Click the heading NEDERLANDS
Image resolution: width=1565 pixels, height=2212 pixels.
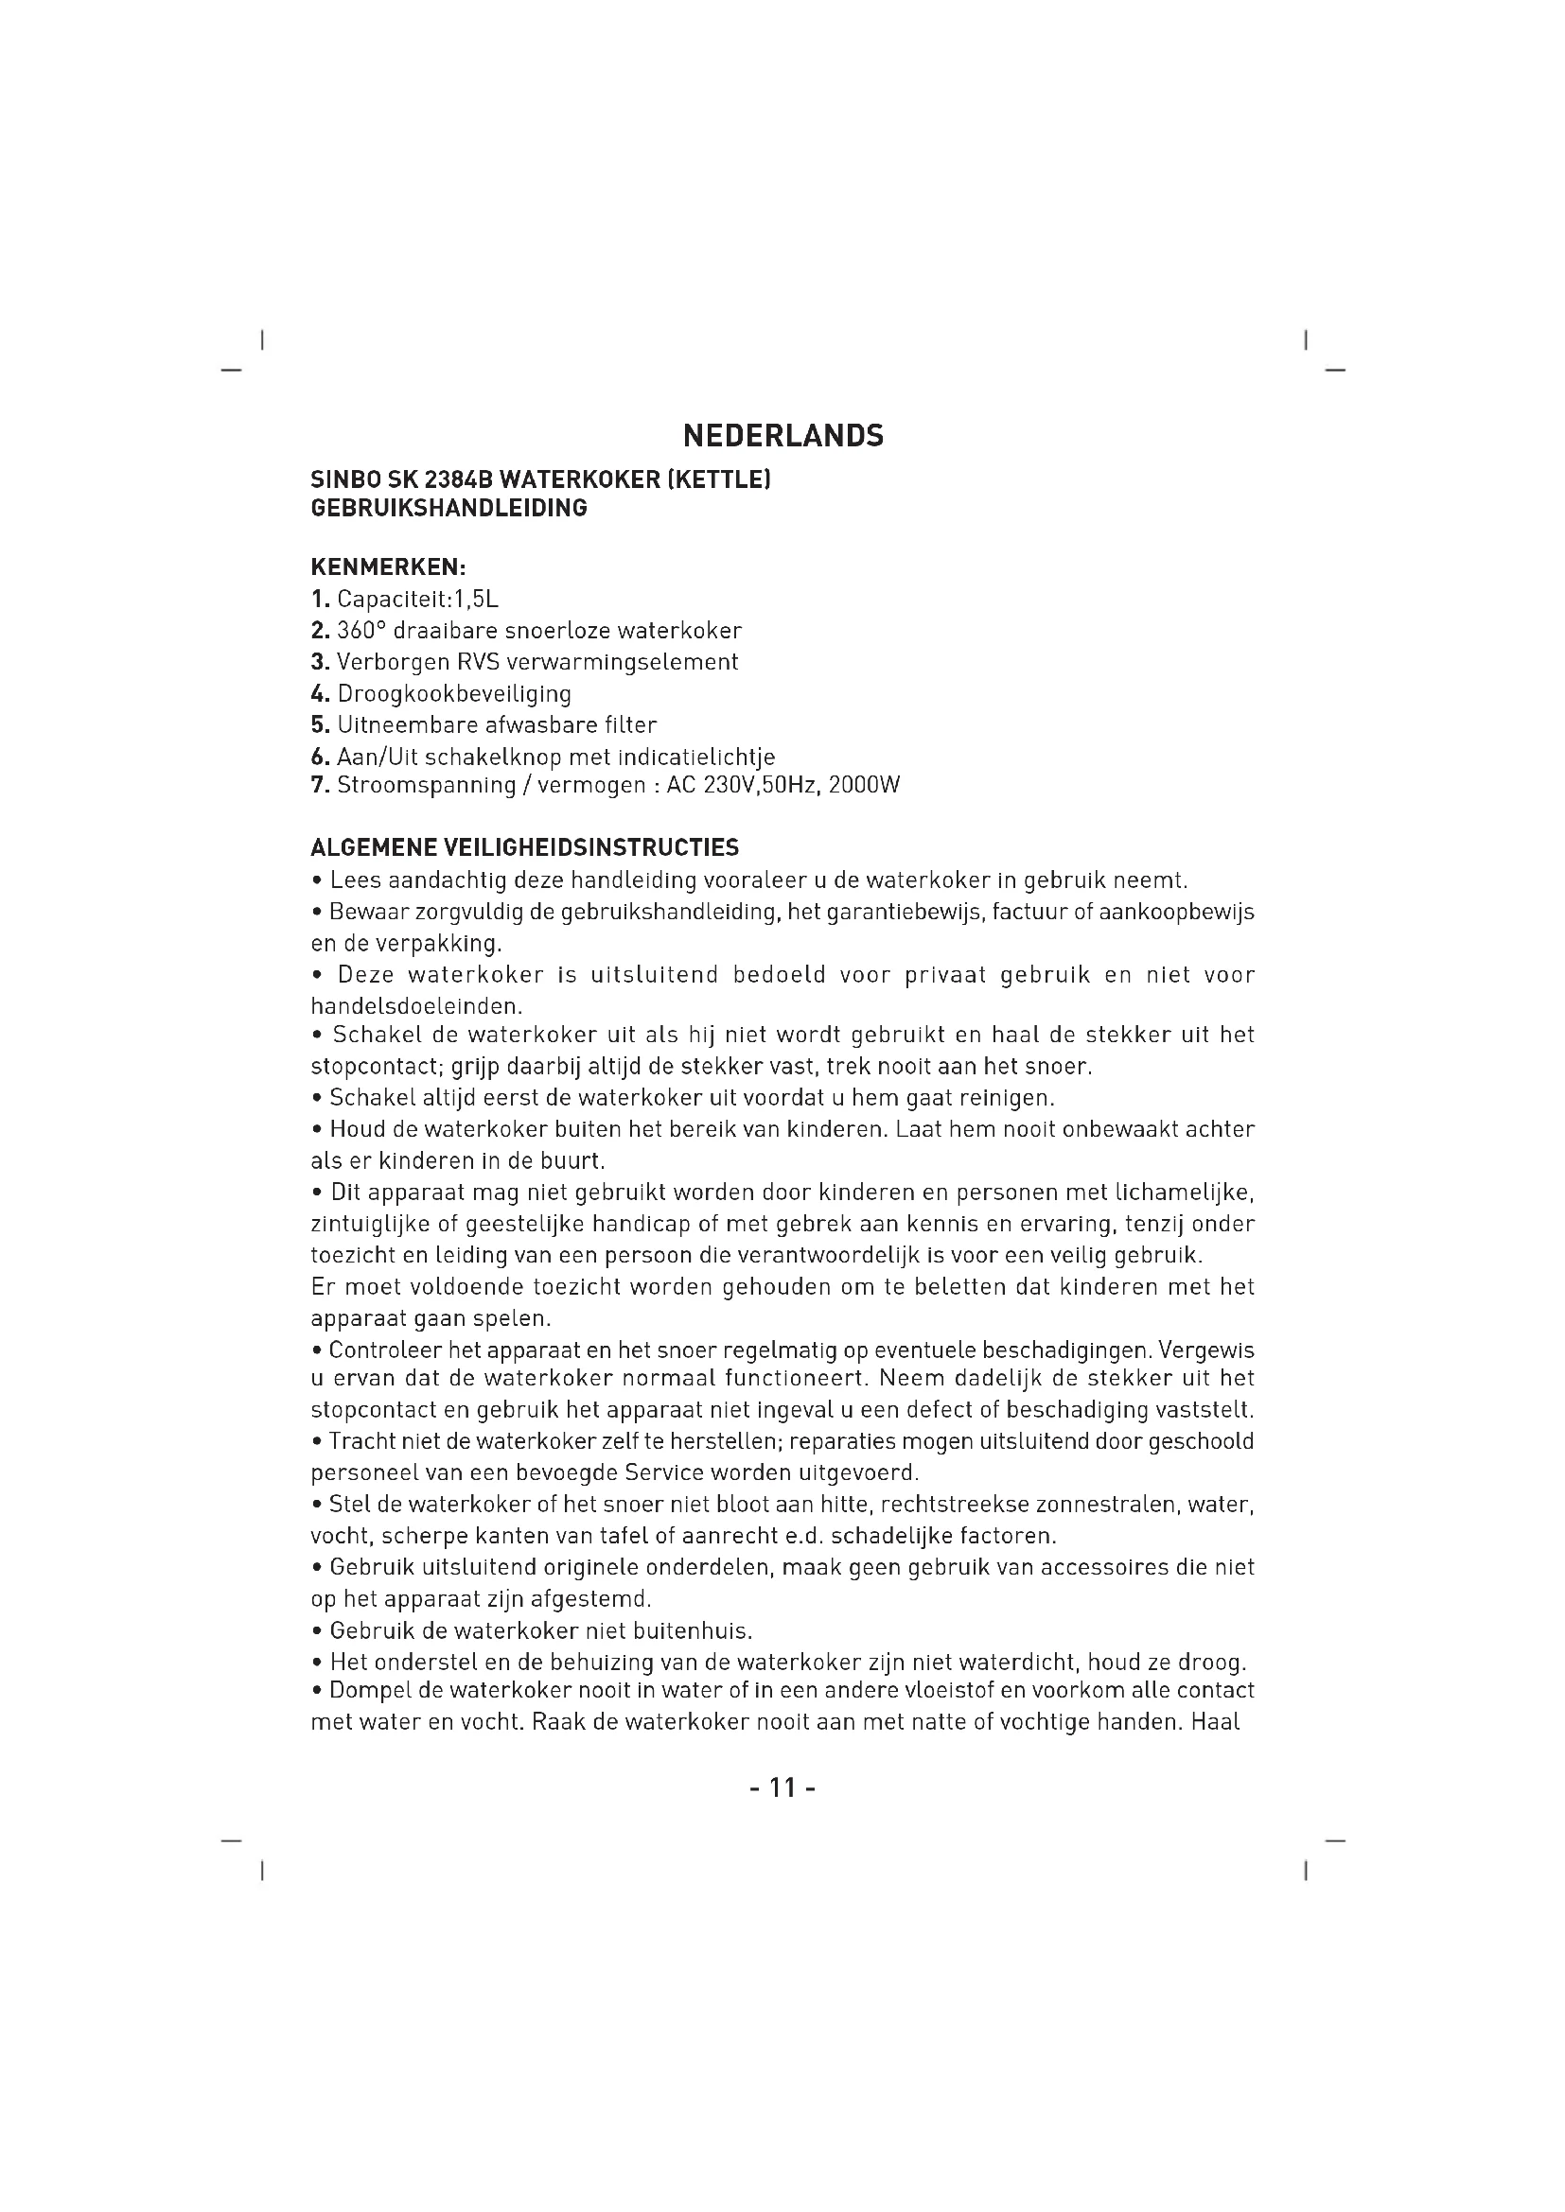(782, 436)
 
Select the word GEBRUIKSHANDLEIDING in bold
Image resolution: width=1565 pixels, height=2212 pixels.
(449, 508)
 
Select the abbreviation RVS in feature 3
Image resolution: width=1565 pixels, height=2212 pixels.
(476, 662)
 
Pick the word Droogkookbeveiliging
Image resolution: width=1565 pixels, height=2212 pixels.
(454, 693)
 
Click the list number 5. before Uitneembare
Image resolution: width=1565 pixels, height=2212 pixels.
(321, 724)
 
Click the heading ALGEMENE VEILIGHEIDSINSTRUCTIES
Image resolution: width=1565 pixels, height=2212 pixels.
(525, 847)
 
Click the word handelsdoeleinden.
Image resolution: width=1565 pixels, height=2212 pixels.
(416, 1007)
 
